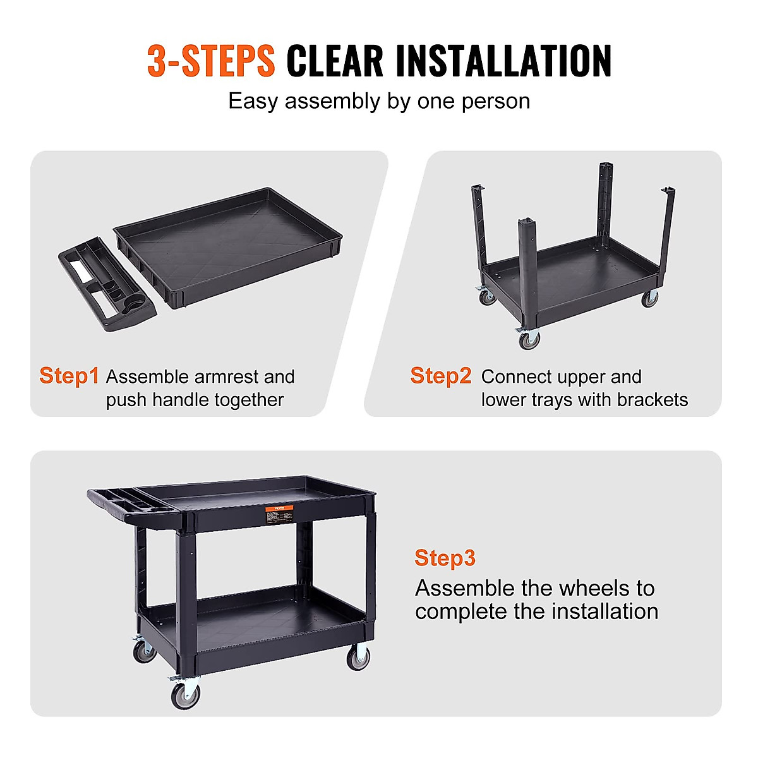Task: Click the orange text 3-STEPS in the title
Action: [x=211, y=61]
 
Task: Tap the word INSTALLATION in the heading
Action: [x=503, y=61]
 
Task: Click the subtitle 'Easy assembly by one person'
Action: [x=379, y=101]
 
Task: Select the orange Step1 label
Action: [x=69, y=376]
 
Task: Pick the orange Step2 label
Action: [x=440, y=376]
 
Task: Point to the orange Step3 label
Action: [x=445, y=558]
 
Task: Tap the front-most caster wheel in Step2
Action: [x=528, y=340]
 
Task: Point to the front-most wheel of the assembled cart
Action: [x=186, y=695]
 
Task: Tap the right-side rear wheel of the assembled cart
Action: [x=359, y=658]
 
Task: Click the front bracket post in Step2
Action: [x=528, y=265]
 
